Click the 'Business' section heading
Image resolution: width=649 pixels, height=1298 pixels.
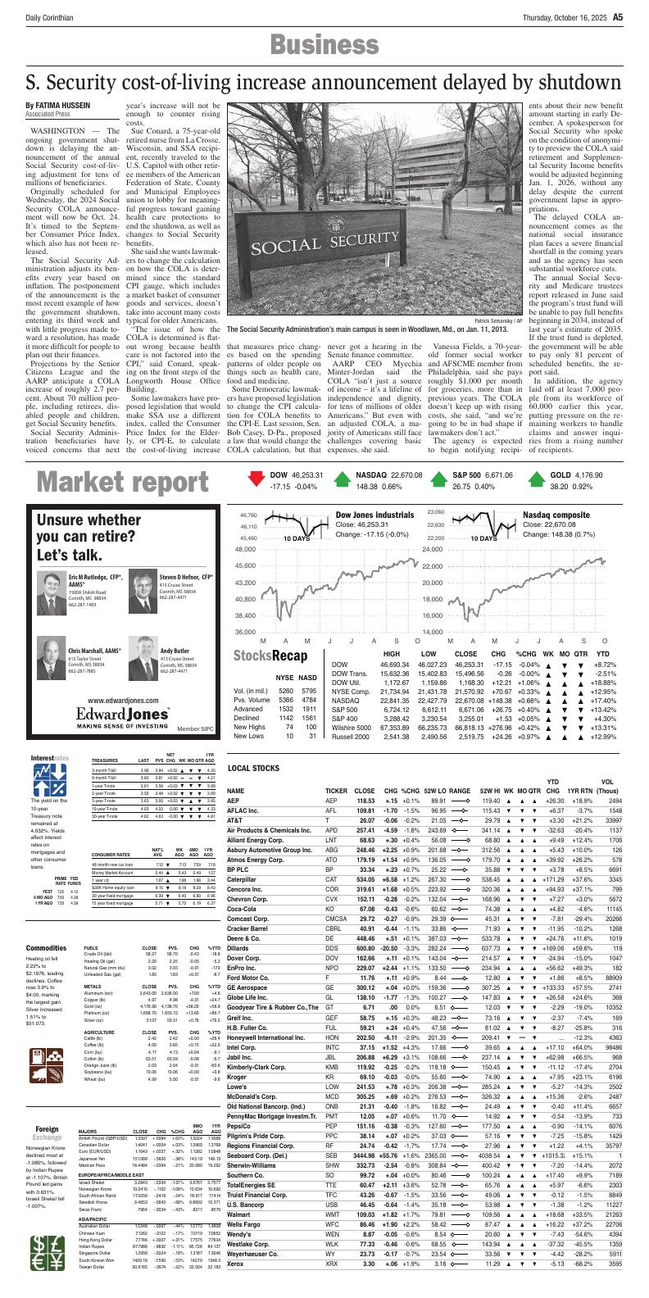324,46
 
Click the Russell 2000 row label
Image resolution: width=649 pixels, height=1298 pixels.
351,737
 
